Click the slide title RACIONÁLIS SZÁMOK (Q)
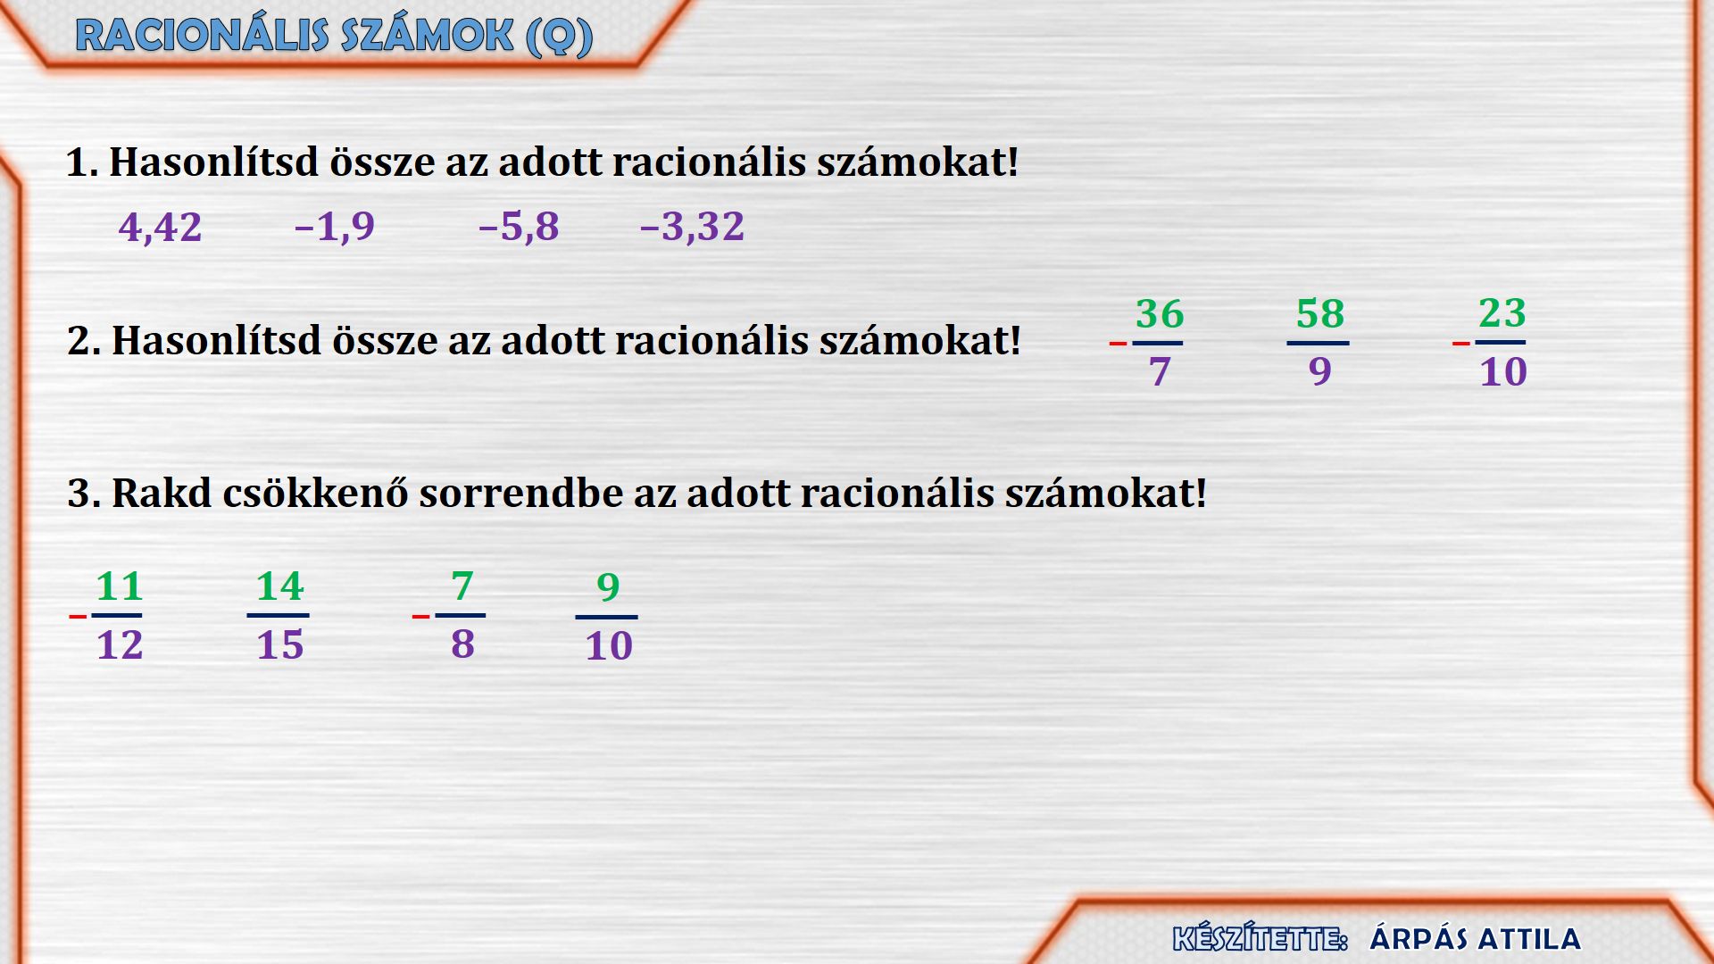pyautogui.click(x=334, y=37)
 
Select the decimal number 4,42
pyautogui.click(x=161, y=227)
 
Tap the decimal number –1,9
pyautogui.click(x=335, y=227)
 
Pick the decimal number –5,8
pyautogui.click(x=519, y=227)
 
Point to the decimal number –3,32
pyautogui.click(x=692, y=227)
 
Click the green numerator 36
pyautogui.click(x=1160, y=314)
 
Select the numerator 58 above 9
pyautogui.click(x=1320, y=314)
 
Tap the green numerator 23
pyautogui.click(x=1502, y=313)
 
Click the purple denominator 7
pyautogui.click(x=1160, y=371)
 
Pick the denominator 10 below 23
pyautogui.click(x=1503, y=371)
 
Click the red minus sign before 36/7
pyautogui.click(x=1118, y=344)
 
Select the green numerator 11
pyautogui.click(x=120, y=587)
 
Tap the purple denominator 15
pyautogui.click(x=280, y=645)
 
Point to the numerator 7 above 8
pyautogui.click(x=462, y=586)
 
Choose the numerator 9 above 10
pyautogui.click(x=608, y=587)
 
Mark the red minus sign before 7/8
pyautogui.click(x=420, y=616)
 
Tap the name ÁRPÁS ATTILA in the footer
pyautogui.click(x=1475, y=939)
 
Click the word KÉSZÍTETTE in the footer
pyautogui.click(x=1260, y=939)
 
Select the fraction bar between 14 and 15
pyautogui.click(x=278, y=616)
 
